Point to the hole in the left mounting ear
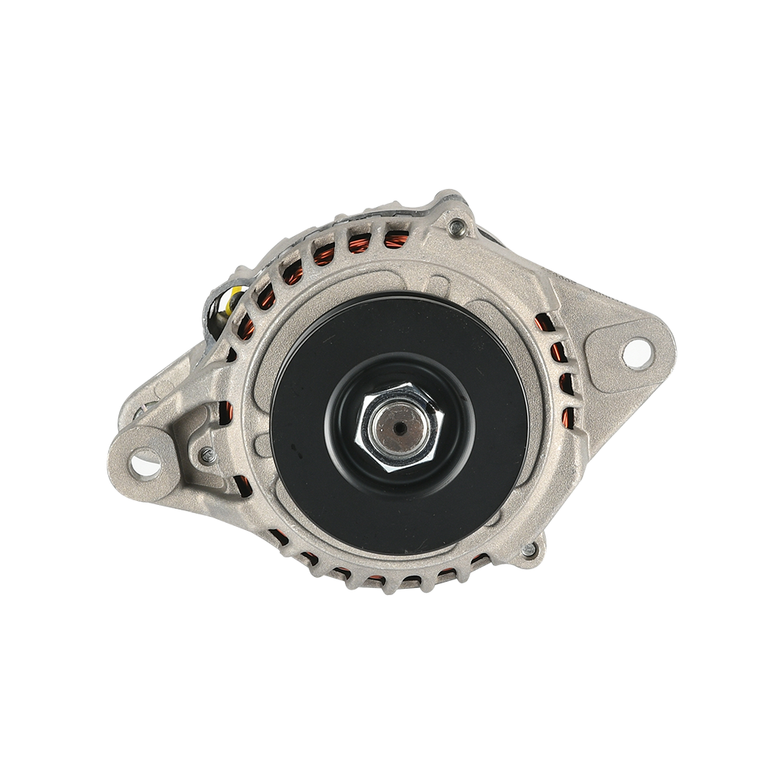pos(144,465)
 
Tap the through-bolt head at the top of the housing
pos(457,227)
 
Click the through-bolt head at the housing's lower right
pos(530,550)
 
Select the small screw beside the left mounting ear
pos(207,453)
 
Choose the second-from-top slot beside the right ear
pos(558,352)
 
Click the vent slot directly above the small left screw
pos(226,412)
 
